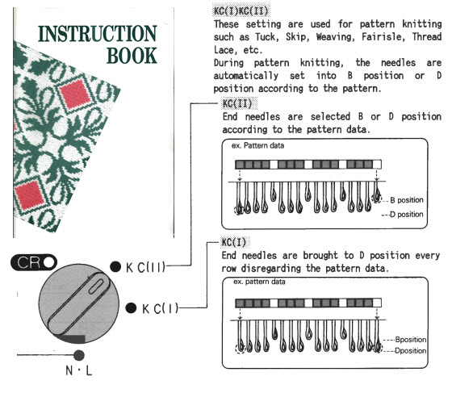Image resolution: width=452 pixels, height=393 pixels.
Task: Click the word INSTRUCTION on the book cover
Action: pos(98,34)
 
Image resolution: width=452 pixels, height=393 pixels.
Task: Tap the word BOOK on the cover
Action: pos(132,56)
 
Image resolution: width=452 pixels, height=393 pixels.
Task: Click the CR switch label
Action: pos(34,262)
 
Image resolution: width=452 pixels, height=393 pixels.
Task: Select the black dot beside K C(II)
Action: pos(115,266)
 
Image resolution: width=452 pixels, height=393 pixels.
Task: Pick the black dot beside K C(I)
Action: pos(131,308)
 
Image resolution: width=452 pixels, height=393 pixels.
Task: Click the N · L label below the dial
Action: pos(79,370)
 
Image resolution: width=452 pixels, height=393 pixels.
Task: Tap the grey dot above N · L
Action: pos(79,355)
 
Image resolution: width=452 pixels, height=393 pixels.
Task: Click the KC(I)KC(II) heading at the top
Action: pos(241,11)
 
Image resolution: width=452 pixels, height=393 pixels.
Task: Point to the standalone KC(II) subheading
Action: pos(237,103)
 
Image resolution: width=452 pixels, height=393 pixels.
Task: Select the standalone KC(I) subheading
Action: pos(234,242)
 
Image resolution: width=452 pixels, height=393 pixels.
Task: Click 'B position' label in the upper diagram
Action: pos(407,200)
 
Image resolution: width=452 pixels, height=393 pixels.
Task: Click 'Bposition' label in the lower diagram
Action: pos(411,340)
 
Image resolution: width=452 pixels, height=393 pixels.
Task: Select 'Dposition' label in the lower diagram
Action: pos(411,351)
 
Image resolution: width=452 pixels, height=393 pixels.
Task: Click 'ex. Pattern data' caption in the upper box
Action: pos(257,145)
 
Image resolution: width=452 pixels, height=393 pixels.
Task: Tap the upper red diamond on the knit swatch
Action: pos(76,94)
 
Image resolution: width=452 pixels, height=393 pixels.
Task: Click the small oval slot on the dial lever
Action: pos(96,286)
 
